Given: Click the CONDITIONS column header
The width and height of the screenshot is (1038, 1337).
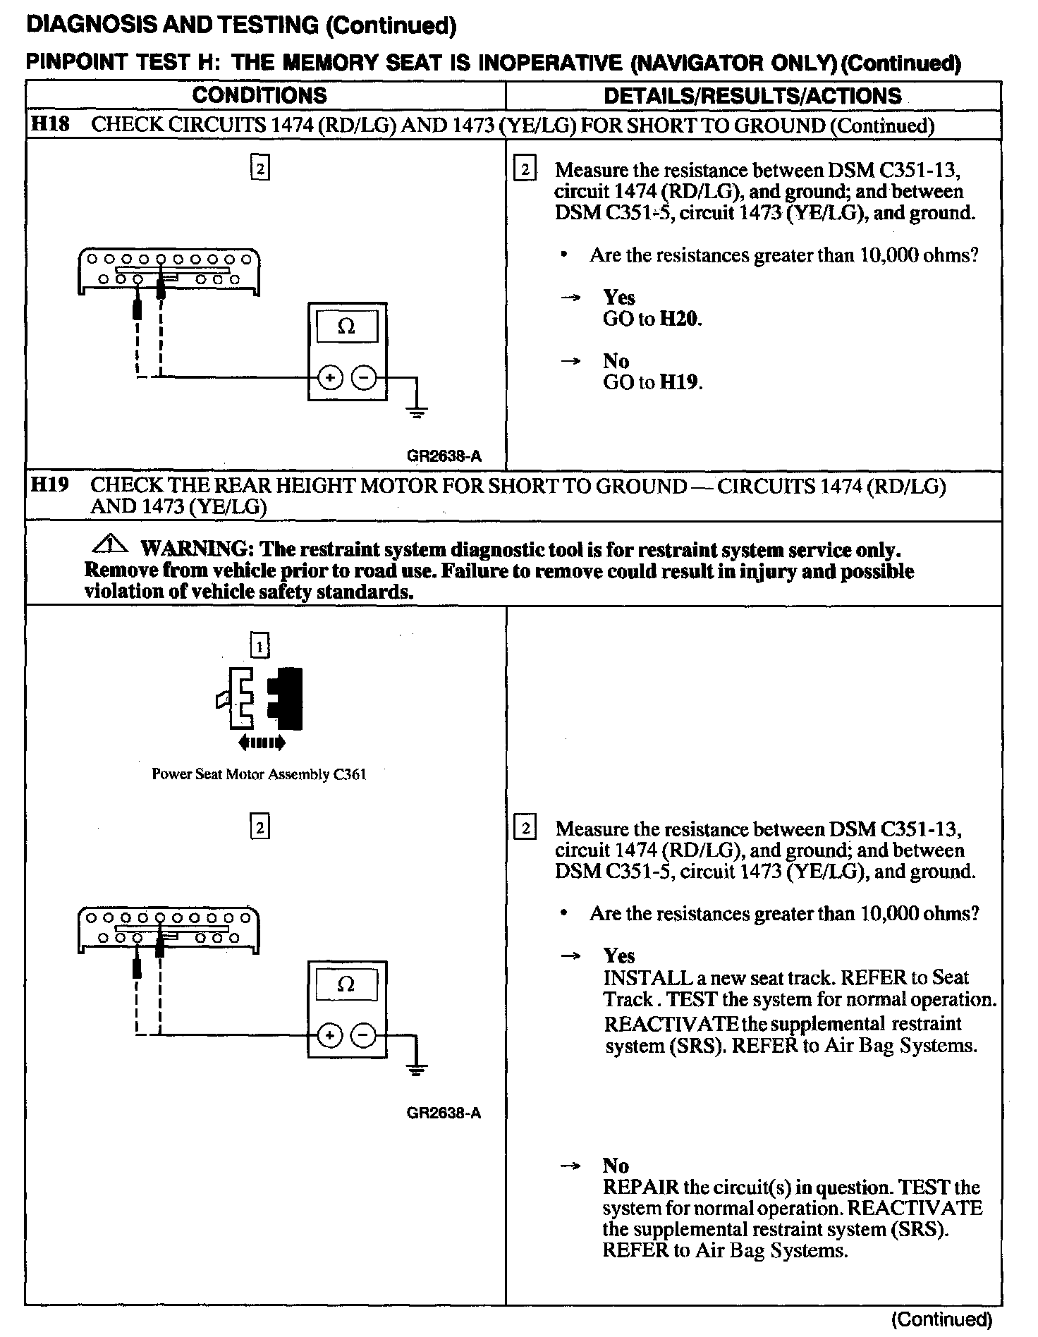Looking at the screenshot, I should tap(259, 96).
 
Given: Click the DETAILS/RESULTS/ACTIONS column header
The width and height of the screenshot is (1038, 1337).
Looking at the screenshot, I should tap(752, 96).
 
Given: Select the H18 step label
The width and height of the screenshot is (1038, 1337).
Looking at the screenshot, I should tap(50, 125).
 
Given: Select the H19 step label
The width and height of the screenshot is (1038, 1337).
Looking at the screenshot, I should tap(50, 486).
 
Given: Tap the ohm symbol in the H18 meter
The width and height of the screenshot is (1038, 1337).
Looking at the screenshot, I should tap(346, 326).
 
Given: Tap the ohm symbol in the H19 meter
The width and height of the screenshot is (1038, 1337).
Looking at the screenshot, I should tap(346, 984).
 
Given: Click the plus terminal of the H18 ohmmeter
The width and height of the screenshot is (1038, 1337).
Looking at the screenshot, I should tap(330, 379).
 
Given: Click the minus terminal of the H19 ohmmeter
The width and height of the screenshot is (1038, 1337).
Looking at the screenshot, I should tap(364, 1036).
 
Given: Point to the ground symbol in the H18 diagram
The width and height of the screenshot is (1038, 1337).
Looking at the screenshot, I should tap(417, 412).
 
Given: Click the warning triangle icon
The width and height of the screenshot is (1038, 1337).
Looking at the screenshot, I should tap(109, 546).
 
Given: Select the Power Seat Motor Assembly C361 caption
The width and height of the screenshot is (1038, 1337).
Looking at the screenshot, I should tap(259, 774).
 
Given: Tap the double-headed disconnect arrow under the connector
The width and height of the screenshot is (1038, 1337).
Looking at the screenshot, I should tap(262, 742).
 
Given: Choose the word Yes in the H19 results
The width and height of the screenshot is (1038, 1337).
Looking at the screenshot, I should tap(618, 956).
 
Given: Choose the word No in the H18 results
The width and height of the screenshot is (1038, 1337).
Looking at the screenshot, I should tap(616, 361).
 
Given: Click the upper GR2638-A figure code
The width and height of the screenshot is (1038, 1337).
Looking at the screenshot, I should tap(444, 456).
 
